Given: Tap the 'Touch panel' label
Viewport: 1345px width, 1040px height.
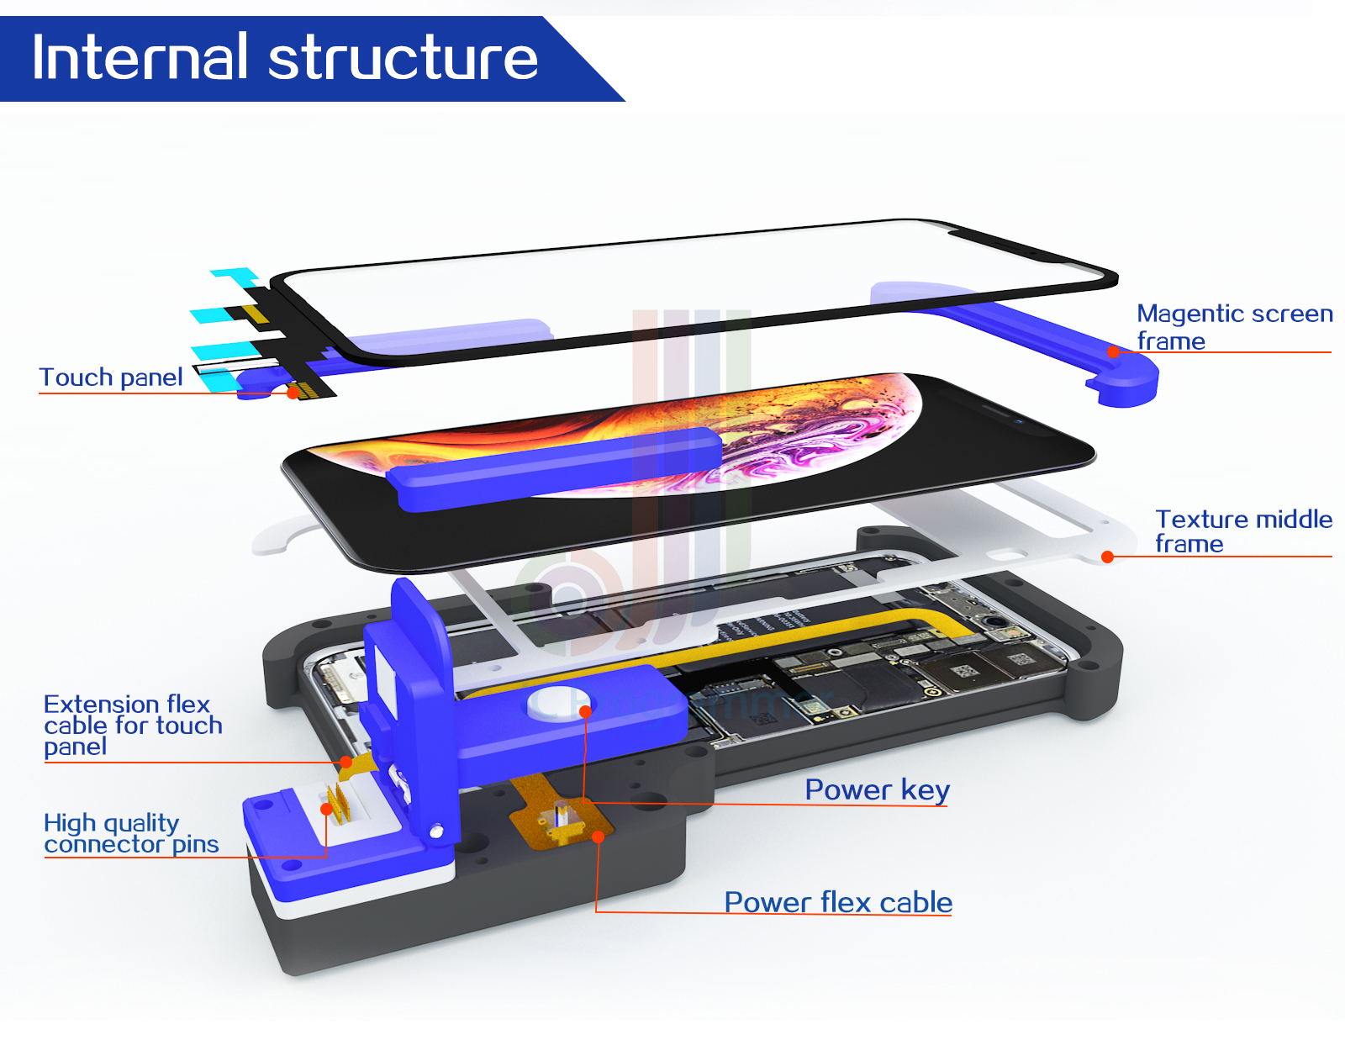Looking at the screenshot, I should click(111, 377).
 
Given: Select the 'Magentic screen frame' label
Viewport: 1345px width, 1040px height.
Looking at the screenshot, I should click(1234, 327).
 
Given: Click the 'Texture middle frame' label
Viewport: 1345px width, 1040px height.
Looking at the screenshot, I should click(1242, 531).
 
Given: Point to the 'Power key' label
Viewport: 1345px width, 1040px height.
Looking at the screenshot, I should click(877, 789).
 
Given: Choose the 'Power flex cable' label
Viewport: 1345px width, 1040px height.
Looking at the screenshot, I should click(838, 902).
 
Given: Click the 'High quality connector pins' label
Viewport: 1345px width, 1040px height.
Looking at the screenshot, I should click(131, 833).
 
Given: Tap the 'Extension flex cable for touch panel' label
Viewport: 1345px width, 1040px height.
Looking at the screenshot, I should click(133, 725).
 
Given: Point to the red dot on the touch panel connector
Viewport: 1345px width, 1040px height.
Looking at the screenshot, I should click(293, 393).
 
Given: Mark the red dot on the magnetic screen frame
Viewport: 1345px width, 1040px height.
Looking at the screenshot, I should click(1114, 352).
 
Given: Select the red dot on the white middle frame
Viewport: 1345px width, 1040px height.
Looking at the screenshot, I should click(1107, 557).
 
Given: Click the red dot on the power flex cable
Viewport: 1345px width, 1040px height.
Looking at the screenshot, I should click(598, 836).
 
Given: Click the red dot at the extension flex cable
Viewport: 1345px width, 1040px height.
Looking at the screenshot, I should click(345, 763).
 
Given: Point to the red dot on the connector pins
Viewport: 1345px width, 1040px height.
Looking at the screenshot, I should click(327, 809).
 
